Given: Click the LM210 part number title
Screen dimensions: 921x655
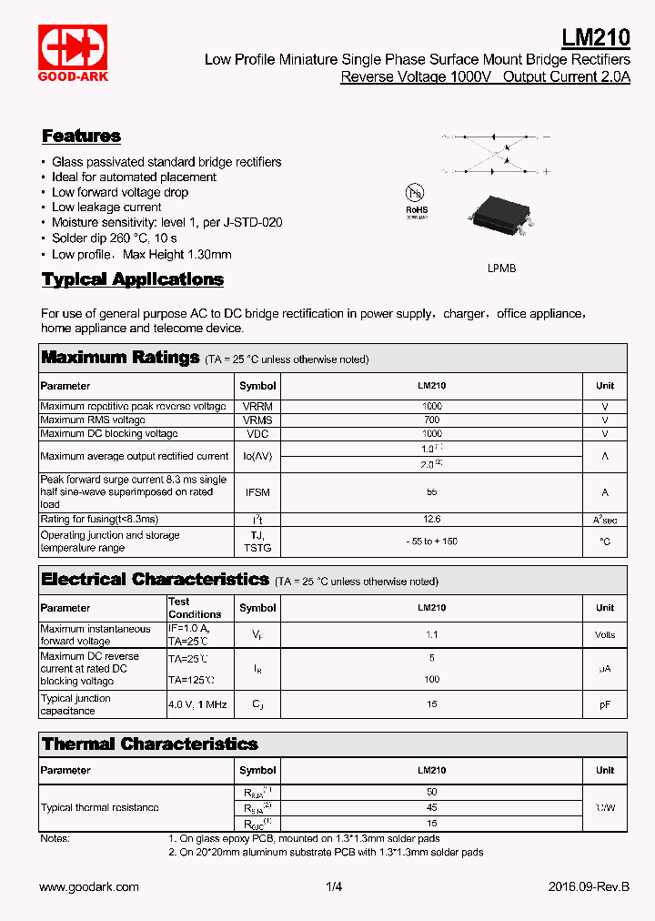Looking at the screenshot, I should [595, 37].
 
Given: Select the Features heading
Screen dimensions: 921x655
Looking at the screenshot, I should [81, 137].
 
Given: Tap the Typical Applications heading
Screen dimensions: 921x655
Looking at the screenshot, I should [133, 279].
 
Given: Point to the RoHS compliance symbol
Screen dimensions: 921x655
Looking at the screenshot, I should [416, 199].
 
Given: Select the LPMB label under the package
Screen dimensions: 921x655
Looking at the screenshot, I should [502, 269].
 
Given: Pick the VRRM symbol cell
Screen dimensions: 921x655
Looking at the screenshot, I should [257, 407].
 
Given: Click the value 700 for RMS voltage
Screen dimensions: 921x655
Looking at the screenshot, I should [432, 420].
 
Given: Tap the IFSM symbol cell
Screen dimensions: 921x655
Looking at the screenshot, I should [257, 492].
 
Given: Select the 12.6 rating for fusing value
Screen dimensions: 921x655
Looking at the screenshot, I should [432, 520].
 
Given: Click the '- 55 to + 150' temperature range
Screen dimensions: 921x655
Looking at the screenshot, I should [432, 541].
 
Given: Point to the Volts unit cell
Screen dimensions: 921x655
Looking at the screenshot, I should [605, 635].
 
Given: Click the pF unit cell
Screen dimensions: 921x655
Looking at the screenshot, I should [605, 704].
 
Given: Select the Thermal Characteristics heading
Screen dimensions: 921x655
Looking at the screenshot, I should [150, 744].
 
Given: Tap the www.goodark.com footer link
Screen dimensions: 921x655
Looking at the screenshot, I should [89, 886].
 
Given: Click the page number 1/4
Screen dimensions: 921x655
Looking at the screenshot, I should [334, 886].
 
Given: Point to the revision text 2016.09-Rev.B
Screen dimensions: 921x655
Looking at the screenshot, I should [589, 886].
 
